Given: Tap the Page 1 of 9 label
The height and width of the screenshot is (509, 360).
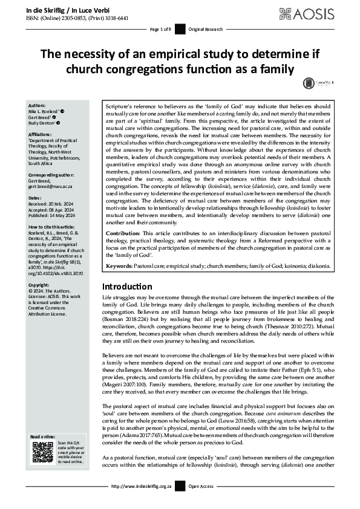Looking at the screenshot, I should [x=161, y=30].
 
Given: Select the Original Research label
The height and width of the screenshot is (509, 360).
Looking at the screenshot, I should [x=206, y=30].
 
